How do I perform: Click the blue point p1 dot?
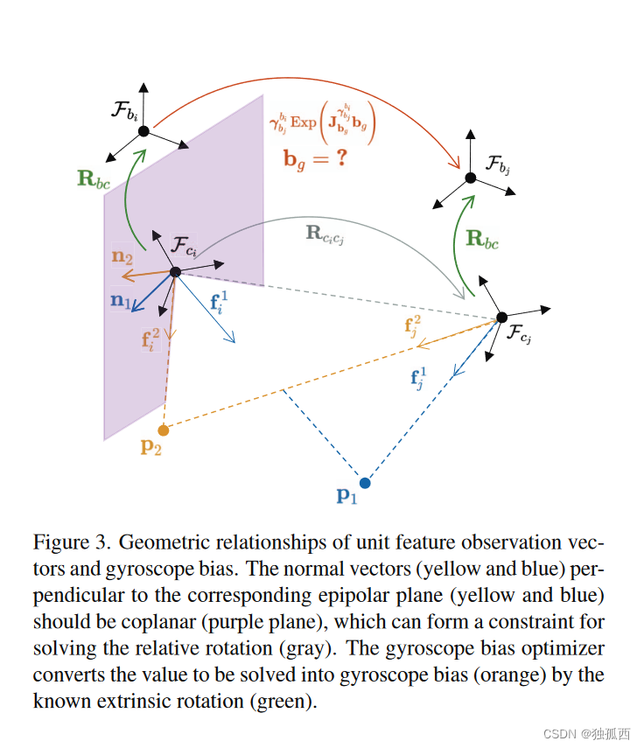(x=365, y=482)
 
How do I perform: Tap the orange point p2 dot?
(x=163, y=430)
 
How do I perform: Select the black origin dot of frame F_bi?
(x=143, y=130)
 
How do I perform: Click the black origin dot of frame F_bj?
(x=470, y=178)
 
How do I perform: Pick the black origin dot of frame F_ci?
(x=175, y=272)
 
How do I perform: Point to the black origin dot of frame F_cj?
(x=501, y=318)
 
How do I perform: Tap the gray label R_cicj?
(x=325, y=234)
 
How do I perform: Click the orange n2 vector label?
(x=122, y=258)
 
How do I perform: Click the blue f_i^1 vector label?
(x=220, y=303)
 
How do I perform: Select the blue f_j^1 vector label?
(x=422, y=379)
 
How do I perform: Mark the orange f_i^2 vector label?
(x=150, y=338)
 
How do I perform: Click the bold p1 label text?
(x=347, y=495)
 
